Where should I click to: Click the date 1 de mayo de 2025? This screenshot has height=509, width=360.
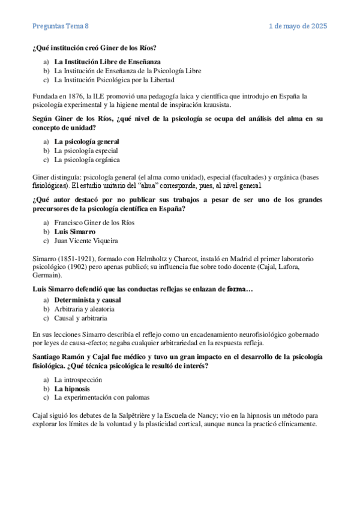click(298, 26)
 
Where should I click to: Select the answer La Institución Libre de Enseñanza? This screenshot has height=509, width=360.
click(107, 61)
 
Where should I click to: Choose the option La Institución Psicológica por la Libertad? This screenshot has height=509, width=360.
click(114, 79)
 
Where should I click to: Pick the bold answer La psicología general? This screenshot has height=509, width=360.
click(91, 142)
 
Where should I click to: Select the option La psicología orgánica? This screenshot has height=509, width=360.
click(86, 160)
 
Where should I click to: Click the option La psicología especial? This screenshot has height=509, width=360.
click(86, 151)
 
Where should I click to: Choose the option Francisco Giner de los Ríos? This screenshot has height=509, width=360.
click(94, 223)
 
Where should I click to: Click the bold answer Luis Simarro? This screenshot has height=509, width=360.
click(74, 232)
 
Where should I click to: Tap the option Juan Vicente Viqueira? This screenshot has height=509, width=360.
click(86, 241)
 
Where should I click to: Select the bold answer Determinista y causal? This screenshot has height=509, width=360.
click(88, 300)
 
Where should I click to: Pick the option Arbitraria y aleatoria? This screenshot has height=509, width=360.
click(83, 309)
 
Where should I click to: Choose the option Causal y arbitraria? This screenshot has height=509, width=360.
click(80, 318)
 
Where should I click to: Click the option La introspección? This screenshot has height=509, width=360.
click(78, 363)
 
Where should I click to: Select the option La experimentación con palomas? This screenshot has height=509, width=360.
click(101, 381)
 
